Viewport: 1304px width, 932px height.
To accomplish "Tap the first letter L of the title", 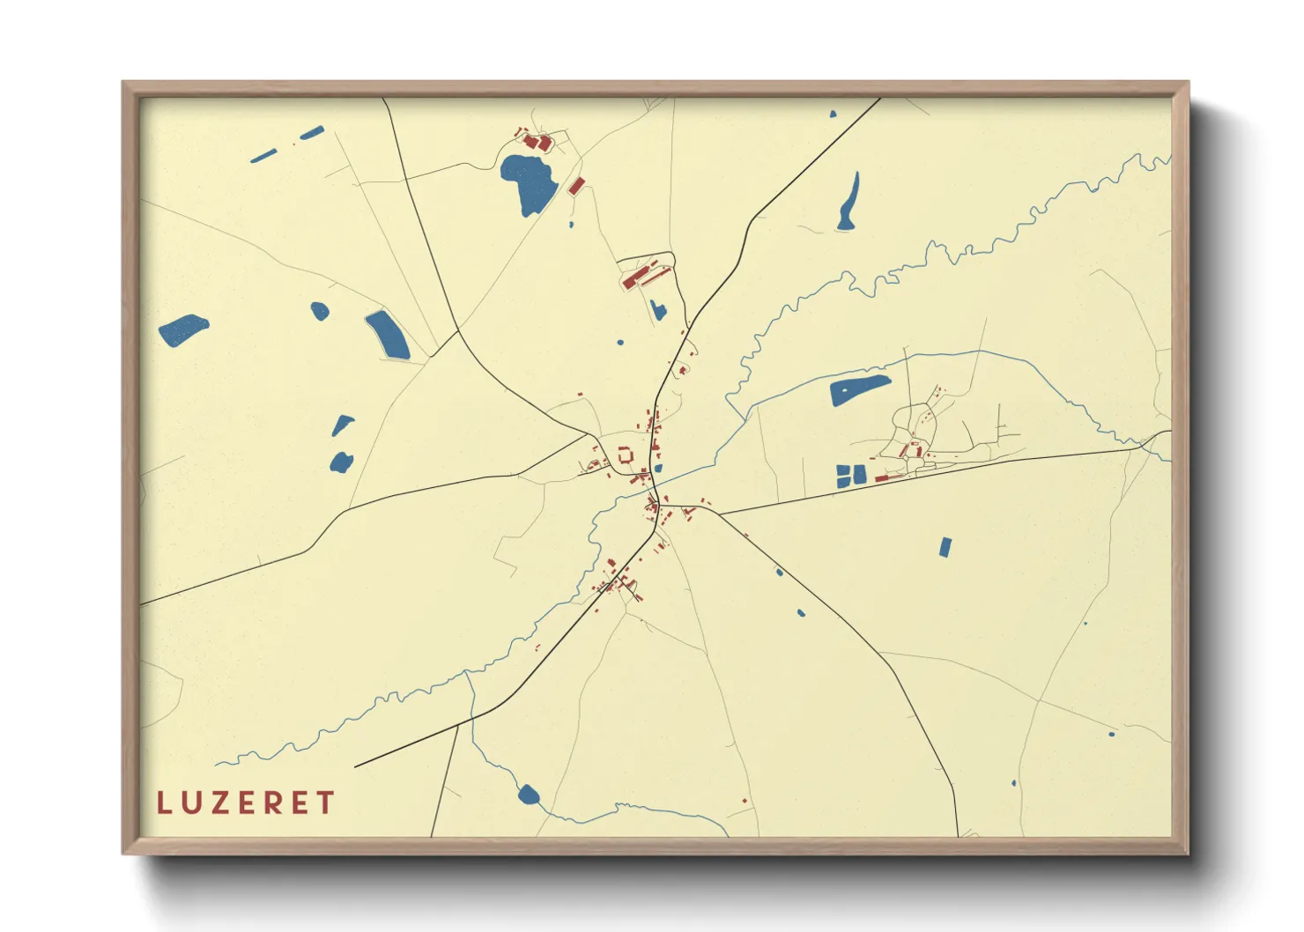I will tap(163, 803).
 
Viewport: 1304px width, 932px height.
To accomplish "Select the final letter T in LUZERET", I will tap(326, 803).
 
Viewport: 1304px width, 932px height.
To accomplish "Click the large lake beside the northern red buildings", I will tap(529, 183).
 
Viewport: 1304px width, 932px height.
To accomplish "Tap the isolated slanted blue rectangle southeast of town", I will tap(945, 547).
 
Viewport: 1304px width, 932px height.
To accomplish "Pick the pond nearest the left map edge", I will tap(182, 330).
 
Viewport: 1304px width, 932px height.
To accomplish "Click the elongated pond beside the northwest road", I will tap(388, 335).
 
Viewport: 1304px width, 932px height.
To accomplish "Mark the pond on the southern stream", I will tap(528, 795).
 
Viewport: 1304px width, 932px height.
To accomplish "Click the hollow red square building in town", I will tap(626, 455).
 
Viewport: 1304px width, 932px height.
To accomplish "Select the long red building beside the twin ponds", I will tap(881, 478).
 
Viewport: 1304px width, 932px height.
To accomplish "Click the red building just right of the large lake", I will tap(576, 186).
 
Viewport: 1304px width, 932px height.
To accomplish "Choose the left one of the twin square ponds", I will tap(843, 476).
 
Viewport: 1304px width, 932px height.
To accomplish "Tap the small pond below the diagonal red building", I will tap(657, 309).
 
